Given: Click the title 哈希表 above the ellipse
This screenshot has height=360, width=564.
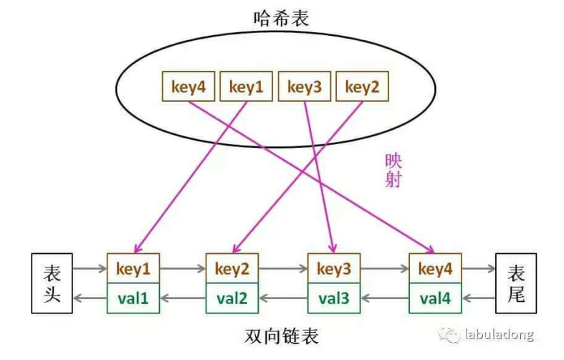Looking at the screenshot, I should (281, 19).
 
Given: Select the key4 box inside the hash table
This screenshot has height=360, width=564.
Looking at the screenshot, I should (188, 87).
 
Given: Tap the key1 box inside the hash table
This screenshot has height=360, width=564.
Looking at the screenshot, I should (247, 87).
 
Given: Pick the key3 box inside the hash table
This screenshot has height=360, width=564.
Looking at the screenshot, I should (305, 87).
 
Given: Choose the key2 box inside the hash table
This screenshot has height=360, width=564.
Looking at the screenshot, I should (362, 87).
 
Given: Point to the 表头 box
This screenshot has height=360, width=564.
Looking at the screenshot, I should (52, 283).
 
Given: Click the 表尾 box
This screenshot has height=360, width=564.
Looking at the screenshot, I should (515, 283).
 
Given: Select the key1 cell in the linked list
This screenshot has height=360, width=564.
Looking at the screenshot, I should (133, 270).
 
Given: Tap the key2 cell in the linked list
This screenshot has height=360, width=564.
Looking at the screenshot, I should (233, 270).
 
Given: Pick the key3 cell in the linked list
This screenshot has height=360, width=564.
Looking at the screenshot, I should (334, 270).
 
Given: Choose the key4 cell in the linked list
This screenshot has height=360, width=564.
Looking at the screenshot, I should (435, 270).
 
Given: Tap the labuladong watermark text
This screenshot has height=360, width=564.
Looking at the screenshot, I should (499, 334).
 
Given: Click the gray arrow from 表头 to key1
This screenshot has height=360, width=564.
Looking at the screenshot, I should (90, 270).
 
